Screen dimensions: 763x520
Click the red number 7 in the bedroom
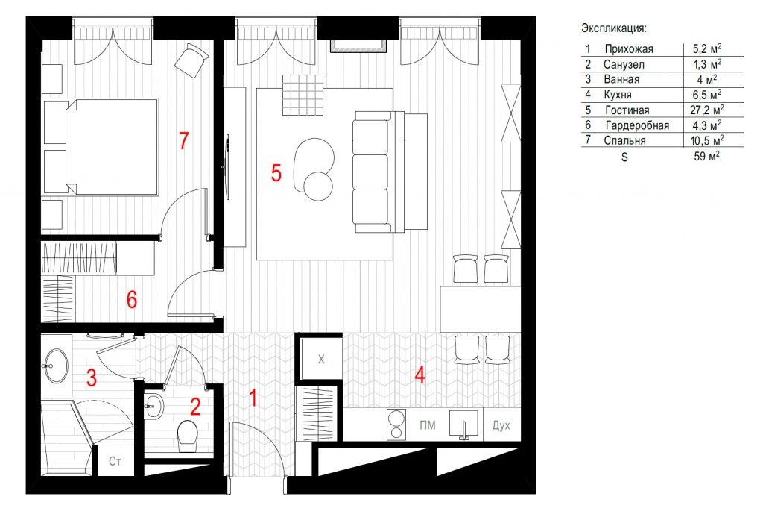click(x=183, y=141)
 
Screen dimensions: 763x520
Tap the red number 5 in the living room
click(x=276, y=173)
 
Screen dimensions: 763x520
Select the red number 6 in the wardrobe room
click(x=131, y=300)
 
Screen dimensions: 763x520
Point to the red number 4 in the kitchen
click(x=420, y=375)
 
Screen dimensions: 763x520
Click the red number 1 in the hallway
click(x=253, y=398)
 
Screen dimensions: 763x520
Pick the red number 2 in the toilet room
click(x=195, y=407)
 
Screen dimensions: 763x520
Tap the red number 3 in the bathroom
click(x=92, y=378)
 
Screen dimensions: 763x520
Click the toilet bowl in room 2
click(x=187, y=435)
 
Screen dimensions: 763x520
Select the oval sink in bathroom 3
click(x=55, y=366)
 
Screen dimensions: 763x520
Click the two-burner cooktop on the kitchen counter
click(x=396, y=425)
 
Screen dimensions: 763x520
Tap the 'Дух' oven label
click(x=501, y=425)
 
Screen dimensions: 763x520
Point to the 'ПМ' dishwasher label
click(x=427, y=425)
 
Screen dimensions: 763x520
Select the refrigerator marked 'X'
click(x=321, y=360)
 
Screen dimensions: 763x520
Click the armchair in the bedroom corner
click(x=191, y=60)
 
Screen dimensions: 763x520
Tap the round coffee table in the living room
click(x=318, y=186)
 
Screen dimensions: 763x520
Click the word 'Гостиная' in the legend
click(x=627, y=110)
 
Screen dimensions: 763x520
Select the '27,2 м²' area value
click(x=706, y=110)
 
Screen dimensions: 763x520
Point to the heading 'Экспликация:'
click(x=614, y=28)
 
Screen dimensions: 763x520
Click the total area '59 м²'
click(x=707, y=157)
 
